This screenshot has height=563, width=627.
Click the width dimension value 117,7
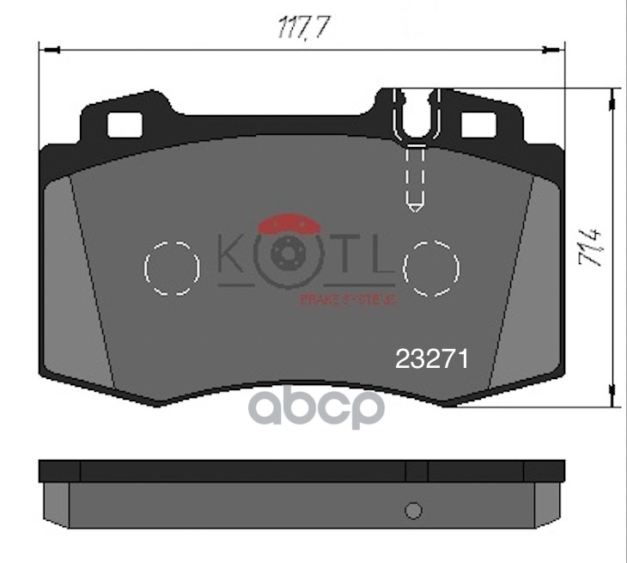click(x=300, y=28)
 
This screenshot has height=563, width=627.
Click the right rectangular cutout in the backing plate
click(x=483, y=125)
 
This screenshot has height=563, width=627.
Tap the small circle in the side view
click(x=414, y=511)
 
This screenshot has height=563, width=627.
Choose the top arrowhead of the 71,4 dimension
click(x=613, y=95)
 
